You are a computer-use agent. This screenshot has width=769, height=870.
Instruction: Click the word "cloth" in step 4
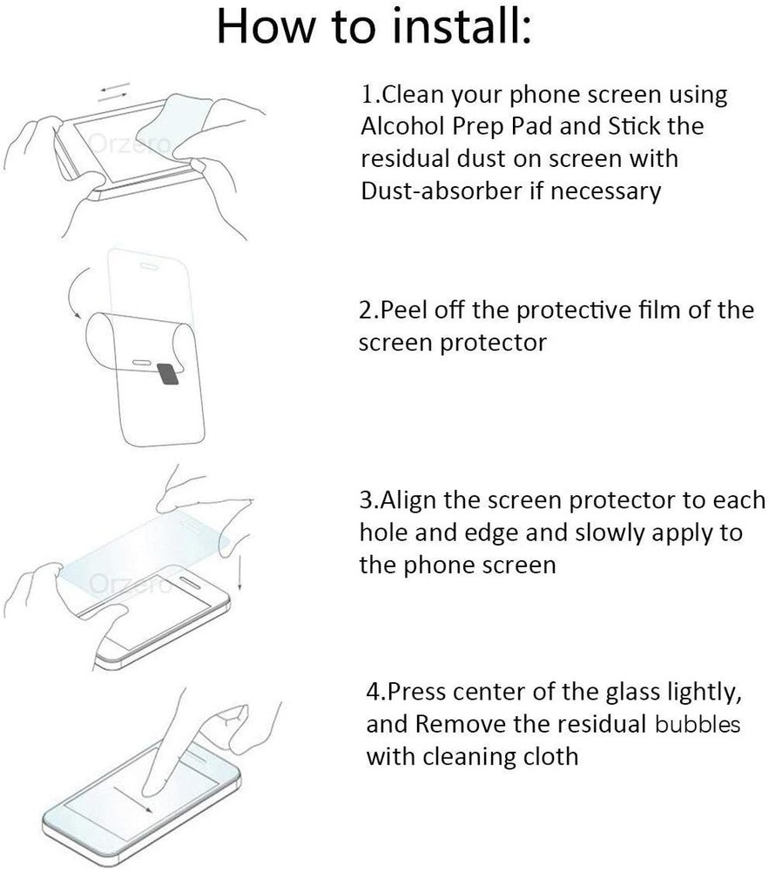[549, 755]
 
